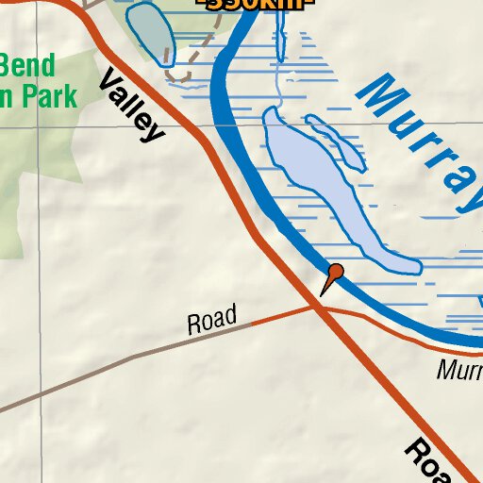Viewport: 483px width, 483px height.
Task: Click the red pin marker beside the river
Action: (x=335, y=273)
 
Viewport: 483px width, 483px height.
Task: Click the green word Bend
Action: (x=28, y=67)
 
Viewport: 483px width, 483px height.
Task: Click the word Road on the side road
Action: (x=211, y=321)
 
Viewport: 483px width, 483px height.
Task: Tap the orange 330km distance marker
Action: (x=255, y=4)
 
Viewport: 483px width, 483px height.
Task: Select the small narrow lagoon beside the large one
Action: (x=336, y=142)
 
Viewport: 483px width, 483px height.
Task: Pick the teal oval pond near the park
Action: (x=151, y=33)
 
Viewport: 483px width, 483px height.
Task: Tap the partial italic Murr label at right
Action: (x=459, y=369)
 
